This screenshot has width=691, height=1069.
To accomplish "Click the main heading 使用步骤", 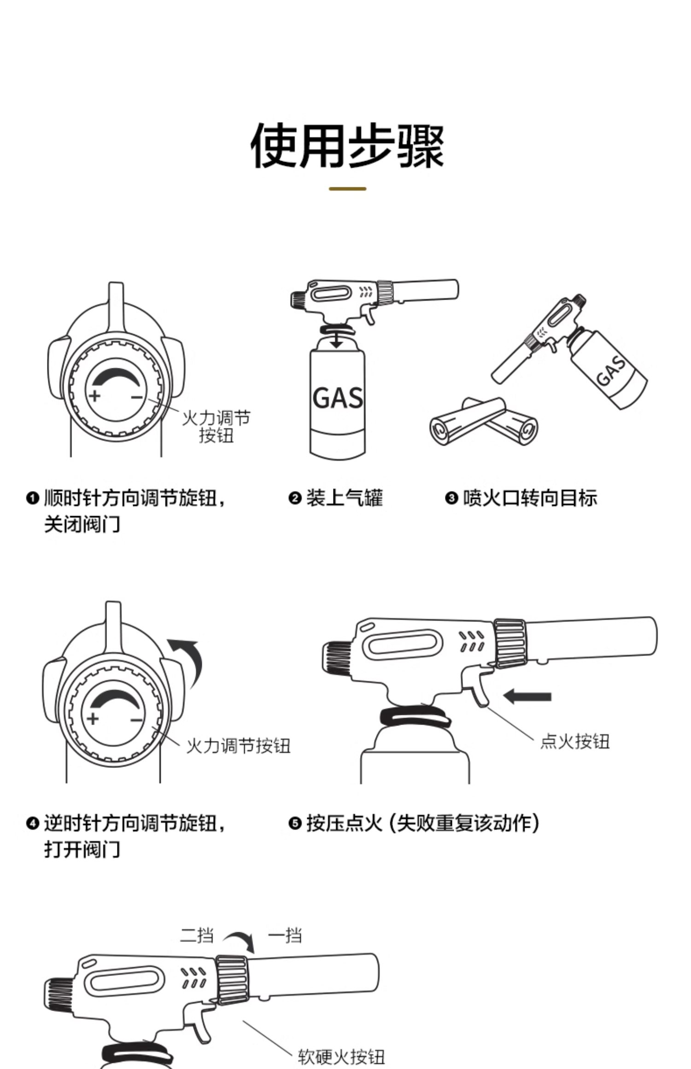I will (346, 146).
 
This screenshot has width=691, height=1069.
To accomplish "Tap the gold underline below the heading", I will (347, 189).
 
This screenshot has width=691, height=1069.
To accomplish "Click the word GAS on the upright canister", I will (338, 398).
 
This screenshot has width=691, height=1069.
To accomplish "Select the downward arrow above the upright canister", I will (337, 341).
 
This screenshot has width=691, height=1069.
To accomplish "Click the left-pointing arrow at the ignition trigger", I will (527, 696).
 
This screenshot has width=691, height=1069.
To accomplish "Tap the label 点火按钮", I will (574, 741).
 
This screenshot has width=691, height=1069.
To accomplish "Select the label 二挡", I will (197, 935).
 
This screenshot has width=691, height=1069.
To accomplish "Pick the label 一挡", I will (285, 935).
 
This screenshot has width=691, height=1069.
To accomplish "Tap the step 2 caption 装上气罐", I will (345, 498).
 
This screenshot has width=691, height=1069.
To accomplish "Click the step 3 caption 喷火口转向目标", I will (530, 498).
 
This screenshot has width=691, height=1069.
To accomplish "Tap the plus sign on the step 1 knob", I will (94, 395).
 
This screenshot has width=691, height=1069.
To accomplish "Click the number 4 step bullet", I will (32, 823).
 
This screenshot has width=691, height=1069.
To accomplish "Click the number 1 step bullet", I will (32, 498).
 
